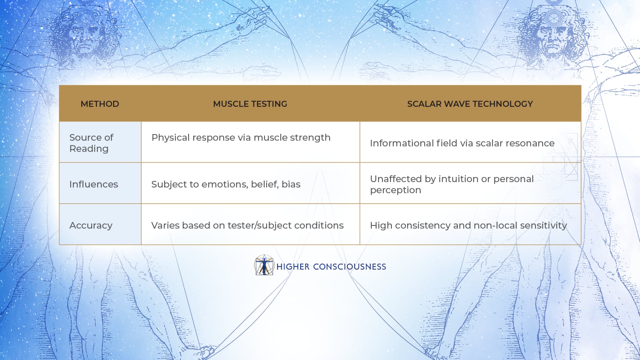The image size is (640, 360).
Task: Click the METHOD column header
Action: (x=100, y=104)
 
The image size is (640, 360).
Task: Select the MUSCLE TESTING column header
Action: (x=250, y=104)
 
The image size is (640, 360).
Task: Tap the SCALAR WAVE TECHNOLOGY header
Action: (x=470, y=104)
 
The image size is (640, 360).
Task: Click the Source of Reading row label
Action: (x=91, y=143)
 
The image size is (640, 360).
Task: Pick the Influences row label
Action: (x=94, y=184)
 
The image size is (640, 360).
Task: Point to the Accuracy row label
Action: (x=91, y=225)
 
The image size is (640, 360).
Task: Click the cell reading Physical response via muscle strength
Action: (x=241, y=137)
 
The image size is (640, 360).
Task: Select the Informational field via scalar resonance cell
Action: (x=462, y=143)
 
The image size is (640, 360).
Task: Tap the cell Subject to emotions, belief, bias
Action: (x=226, y=184)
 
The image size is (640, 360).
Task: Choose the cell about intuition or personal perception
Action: (x=452, y=184)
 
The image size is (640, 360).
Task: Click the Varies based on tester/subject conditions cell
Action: (x=247, y=225)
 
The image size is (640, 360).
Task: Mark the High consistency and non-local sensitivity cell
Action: (x=468, y=225)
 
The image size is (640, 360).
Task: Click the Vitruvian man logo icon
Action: (x=264, y=265)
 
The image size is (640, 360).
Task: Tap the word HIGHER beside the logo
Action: (x=293, y=267)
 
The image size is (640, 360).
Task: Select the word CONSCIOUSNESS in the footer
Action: (x=349, y=267)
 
